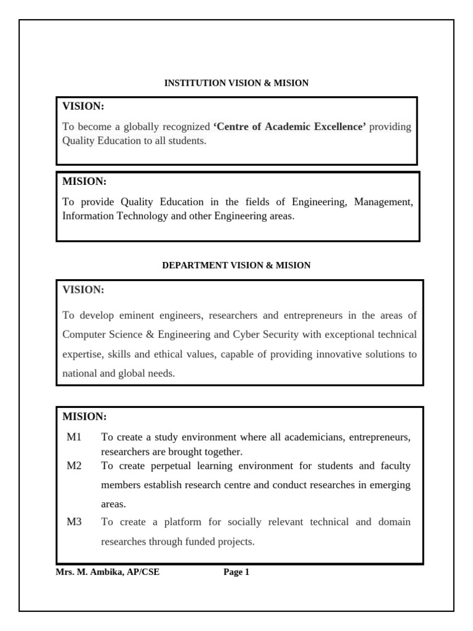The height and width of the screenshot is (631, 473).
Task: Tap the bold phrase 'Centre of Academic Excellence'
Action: click(289, 126)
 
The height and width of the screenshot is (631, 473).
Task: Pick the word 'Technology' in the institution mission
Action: click(134, 216)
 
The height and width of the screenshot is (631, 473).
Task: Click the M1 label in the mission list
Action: click(74, 437)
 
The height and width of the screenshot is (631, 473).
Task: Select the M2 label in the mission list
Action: click(74, 465)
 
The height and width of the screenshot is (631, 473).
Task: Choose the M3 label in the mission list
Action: click(74, 522)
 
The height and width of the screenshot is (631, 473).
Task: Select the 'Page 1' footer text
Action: click(236, 572)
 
